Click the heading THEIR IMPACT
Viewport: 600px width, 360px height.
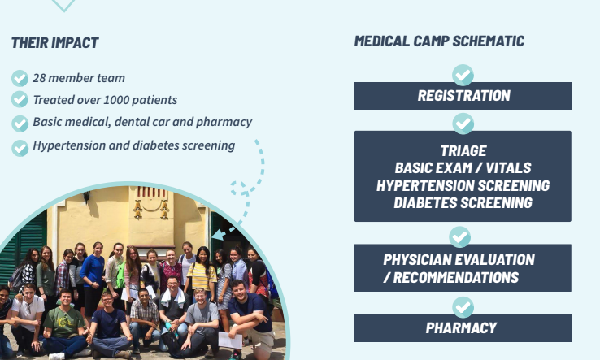click(x=55, y=43)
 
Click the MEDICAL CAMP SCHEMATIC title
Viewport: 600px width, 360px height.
click(x=439, y=41)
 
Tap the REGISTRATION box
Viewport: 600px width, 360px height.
click(x=463, y=96)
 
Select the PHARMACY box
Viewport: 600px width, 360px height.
click(x=463, y=327)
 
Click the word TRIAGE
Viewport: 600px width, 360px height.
click(x=463, y=150)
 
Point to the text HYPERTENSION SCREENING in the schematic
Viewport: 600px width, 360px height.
click(x=463, y=185)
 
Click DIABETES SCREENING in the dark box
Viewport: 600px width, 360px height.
click(x=463, y=203)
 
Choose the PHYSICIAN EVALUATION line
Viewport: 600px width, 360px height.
click(x=459, y=260)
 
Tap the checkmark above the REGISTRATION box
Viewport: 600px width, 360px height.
click(x=463, y=75)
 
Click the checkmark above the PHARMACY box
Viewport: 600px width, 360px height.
click(x=463, y=307)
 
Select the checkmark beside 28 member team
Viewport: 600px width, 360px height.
click(x=20, y=78)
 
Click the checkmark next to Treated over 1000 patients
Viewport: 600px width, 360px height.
click(x=20, y=99)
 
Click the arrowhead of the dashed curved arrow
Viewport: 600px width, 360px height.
click(x=217, y=233)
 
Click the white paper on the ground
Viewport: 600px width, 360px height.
click(x=230, y=340)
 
